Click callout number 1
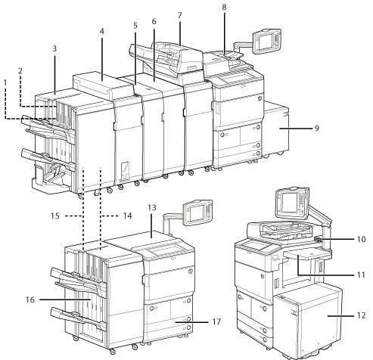point(5,82)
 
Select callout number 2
point(20,70)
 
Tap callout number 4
point(102,32)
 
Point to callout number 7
point(179,16)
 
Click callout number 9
point(317,128)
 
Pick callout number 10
point(361,239)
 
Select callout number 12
point(361,315)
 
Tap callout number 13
point(152,208)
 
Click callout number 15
point(55,216)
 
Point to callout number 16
point(30,299)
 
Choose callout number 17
point(216,322)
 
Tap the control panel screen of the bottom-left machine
point(197,214)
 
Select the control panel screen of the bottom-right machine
point(289,203)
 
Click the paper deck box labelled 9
point(275,129)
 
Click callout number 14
point(128,216)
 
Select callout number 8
point(224,8)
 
